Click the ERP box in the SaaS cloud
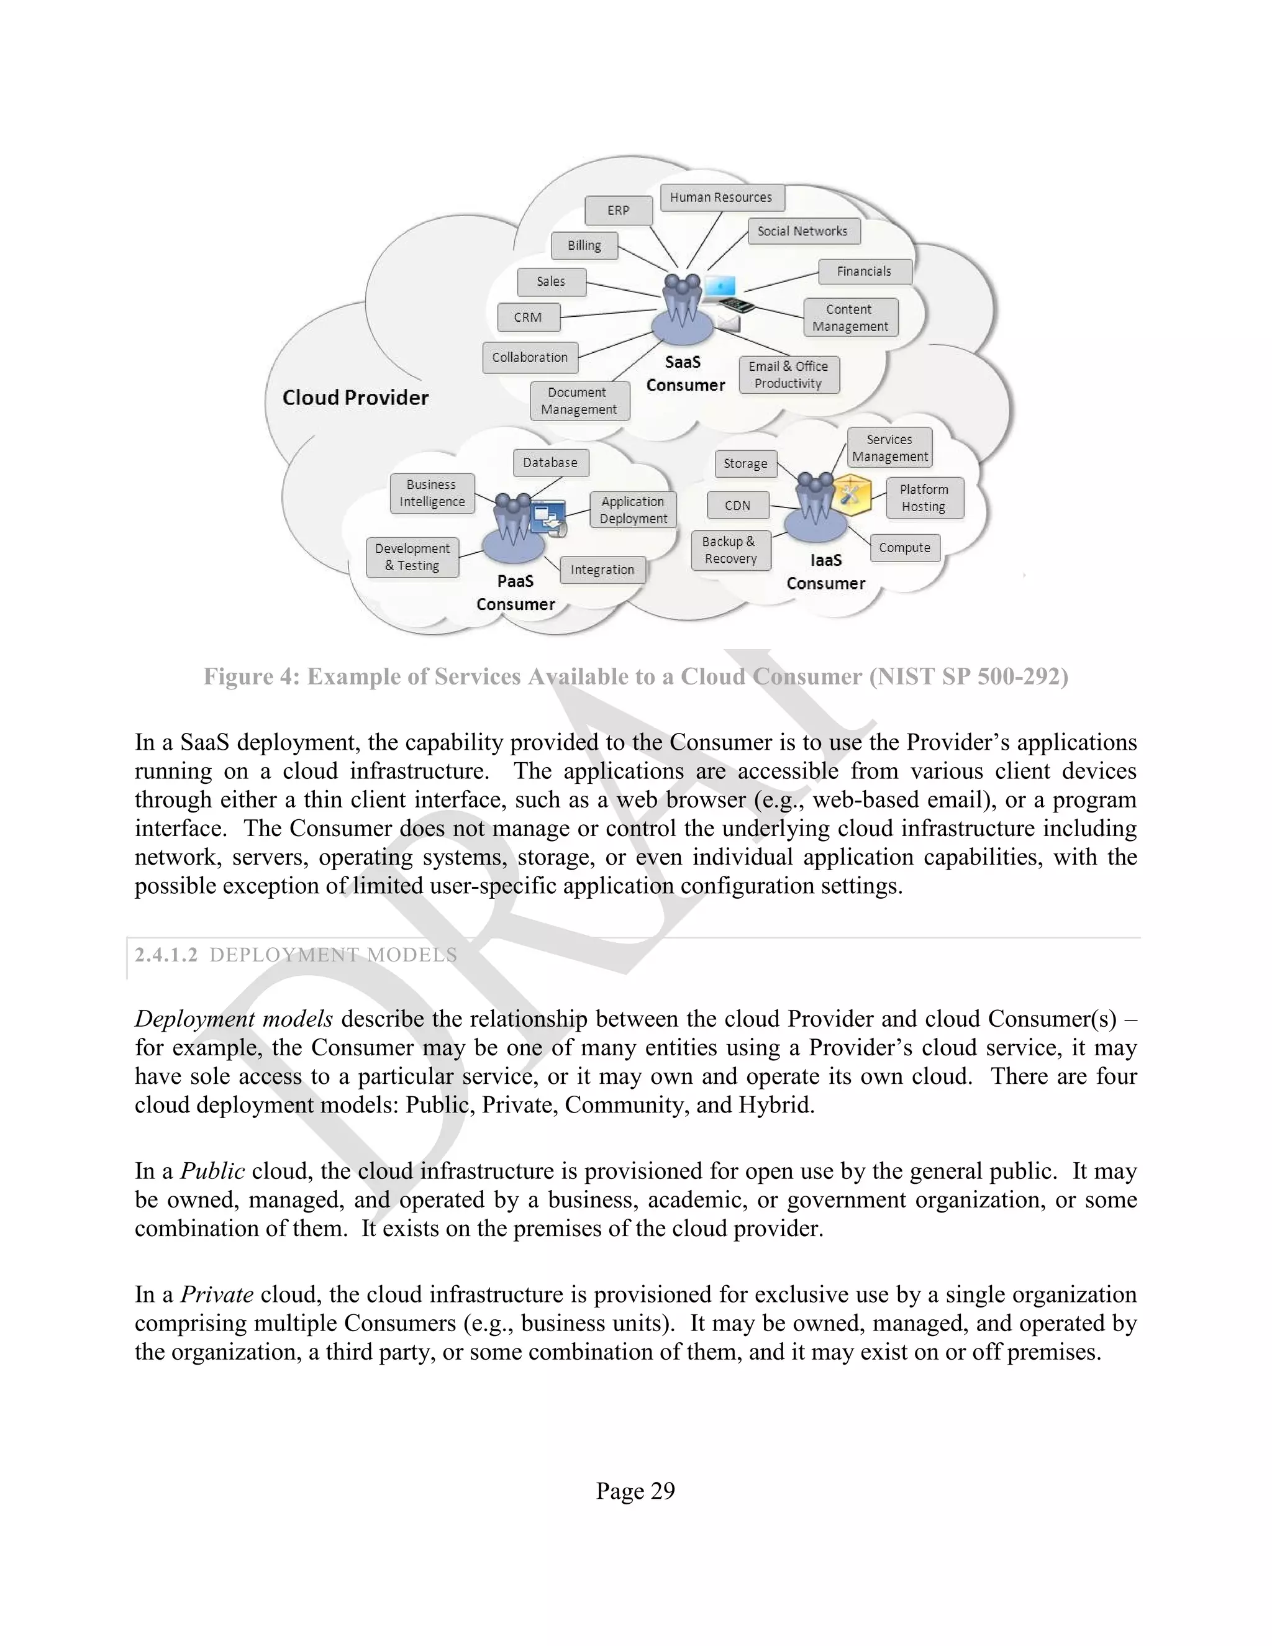pos(618,211)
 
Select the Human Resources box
pos(721,198)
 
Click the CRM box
pos(529,317)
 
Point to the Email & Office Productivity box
pos(788,375)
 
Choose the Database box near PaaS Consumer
pos(550,463)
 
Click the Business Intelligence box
pos(432,493)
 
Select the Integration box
pos(602,570)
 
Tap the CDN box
pos(738,506)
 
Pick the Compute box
pos(904,548)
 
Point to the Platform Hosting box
pos(924,498)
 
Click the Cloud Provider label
pos(355,398)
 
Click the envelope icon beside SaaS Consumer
pos(728,324)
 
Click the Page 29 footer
pos(635,1491)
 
